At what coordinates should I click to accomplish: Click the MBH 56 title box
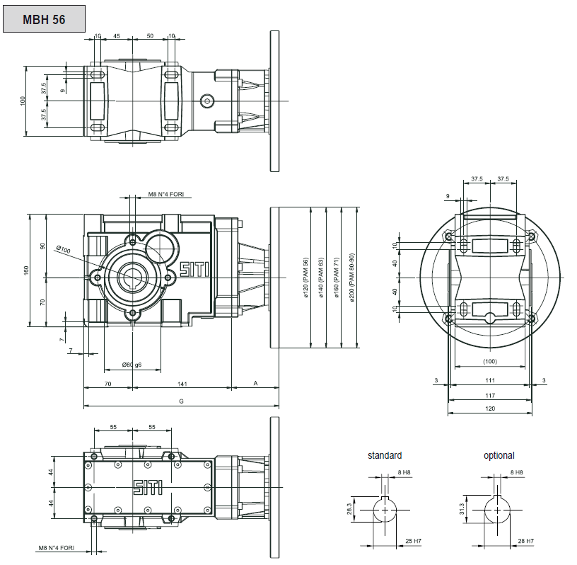pyautogui.click(x=44, y=19)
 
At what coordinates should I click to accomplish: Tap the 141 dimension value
pyautogui.click(x=182, y=384)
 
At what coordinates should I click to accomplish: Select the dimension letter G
pyautogui.click(x=181, y=401)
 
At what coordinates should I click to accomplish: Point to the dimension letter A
pyautogui.click(x=255, y=383)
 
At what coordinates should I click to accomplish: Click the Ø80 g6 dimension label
pyautogui.click(x=132, y=365)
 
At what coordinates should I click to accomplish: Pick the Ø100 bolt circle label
pyautogui.click(x=64, y=249)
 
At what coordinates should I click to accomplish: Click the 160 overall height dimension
pyautogui.click(x=26, y=270)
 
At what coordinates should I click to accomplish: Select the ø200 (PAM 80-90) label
pyautogui.click(x=351, y=278)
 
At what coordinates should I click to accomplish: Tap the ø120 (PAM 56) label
pyautogui.click(x=305, y=278)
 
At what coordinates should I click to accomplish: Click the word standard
pyautogui.click(x=385, y=455)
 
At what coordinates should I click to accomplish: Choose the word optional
pyautogui.click(x=499, y=455)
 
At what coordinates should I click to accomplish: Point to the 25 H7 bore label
pyautogui.click(x=413, y=541)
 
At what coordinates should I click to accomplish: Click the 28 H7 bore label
pyautogui.click(x=526, y=541)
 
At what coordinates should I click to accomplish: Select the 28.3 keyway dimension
pyautogui.click(x=349, y=509)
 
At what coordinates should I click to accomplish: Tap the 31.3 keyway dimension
pyautogui.click(x=462, y=509)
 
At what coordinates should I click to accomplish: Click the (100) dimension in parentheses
pyautogui.click(x=490, y=361)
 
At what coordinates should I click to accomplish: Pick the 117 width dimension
pyautogui.click(x=490, y=396)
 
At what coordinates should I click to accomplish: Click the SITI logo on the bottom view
pyautogui.click(x=148, y=487)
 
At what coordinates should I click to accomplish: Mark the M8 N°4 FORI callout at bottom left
pyautogui.click(x=57, y=548)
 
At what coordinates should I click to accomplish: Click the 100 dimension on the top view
pyautogui.click(x=23, y=101)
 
